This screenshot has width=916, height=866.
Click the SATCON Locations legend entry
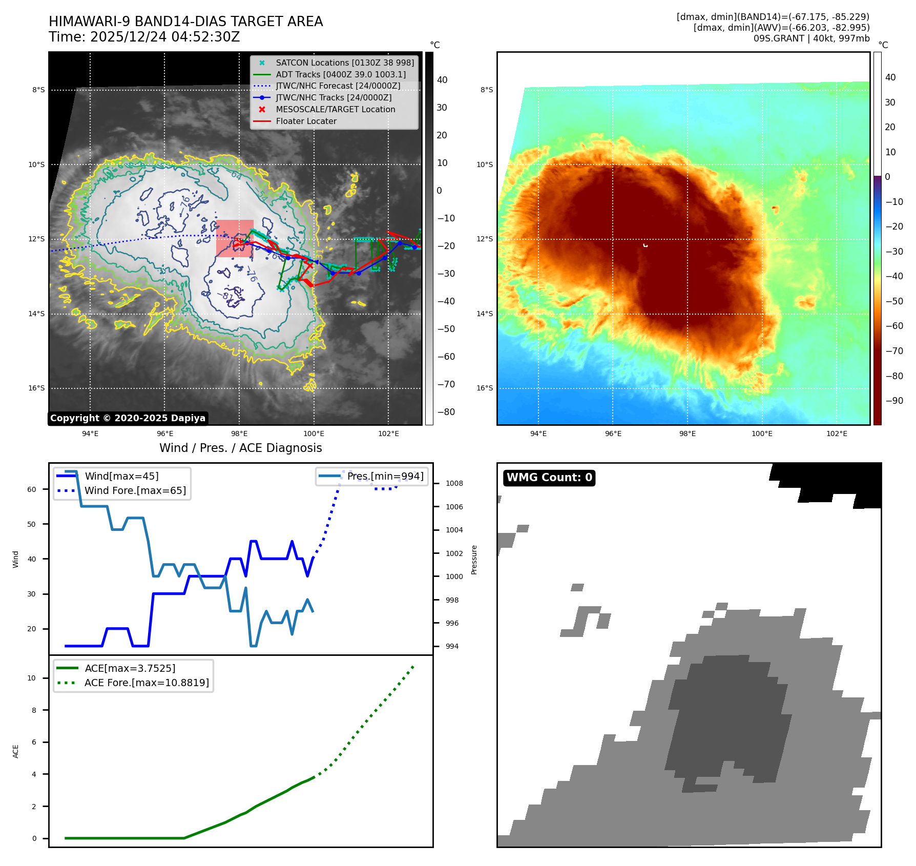tap(344, 63)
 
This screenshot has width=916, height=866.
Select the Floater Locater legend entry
tap(306, 121)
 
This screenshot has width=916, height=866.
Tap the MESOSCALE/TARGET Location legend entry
tap(335, 110)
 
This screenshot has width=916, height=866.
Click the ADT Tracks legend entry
tap(340, 74)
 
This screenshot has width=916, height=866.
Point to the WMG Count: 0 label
tap(549, 478)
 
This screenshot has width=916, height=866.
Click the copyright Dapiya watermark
tap(128, 418)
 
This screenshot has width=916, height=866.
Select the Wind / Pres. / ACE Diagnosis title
tap(240, 448)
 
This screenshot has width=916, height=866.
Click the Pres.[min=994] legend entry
tap(385, 476)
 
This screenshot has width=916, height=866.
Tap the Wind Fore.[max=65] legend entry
tap(135, 490)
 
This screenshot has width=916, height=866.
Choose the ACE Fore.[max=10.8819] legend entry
tap(147, 683)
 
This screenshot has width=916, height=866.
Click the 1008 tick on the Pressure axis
tap(454, 483)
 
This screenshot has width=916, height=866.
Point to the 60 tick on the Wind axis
tap(32, 489)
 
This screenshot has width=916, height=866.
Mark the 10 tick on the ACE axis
tap(32, 678)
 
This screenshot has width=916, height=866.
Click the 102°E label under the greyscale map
tap(388, 434)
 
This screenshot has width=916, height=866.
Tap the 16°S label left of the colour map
tap(485, 388)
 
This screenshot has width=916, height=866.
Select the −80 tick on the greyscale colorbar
tap(446, 412)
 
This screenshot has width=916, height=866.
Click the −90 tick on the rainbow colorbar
tap(894, 401)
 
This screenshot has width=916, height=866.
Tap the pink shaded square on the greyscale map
tap(235, 238)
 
